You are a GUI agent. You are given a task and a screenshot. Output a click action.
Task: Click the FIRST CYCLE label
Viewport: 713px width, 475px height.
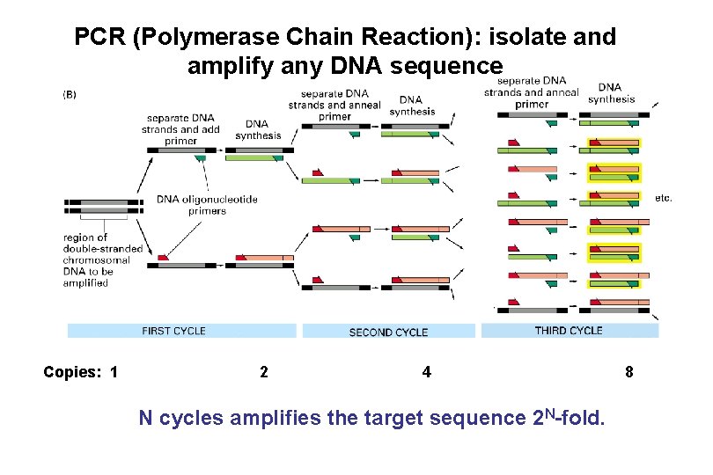(x=173, y=331)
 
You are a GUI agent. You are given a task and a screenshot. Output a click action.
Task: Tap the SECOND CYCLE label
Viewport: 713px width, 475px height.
(x=388, y=332)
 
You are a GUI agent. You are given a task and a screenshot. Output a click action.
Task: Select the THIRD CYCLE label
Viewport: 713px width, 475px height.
(x=569, y=331)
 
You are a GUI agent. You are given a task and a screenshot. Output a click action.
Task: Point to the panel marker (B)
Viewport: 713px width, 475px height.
(x=70, y=94)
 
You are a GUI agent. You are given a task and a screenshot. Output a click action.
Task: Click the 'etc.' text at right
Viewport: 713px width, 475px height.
(x=664, y=198)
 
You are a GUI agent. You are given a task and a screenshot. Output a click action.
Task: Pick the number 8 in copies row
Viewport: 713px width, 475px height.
(x=628, y=372)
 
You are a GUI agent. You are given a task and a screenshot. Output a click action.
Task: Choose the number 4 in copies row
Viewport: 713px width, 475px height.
(x=427, y=372)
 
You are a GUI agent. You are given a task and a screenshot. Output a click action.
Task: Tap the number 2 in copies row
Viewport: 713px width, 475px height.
(x=264, y=372)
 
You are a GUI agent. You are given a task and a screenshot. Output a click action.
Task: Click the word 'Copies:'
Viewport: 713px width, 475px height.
(x=72, y=372)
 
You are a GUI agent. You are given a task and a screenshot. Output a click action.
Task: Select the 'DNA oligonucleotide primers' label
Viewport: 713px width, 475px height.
(x=207, y=205)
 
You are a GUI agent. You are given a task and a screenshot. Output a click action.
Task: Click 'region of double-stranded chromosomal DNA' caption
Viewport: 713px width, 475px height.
(x=102, y=259)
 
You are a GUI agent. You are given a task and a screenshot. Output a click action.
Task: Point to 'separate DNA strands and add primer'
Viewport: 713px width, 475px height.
(x=183, y=128)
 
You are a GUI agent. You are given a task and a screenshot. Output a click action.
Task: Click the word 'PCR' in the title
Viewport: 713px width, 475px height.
(x=93, y=37)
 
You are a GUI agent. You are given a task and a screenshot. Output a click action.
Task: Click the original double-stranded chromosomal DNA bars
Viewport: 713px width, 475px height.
(x=104, y=208)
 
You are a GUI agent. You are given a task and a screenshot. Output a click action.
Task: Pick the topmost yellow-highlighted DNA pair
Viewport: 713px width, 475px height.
(x=614, y=144)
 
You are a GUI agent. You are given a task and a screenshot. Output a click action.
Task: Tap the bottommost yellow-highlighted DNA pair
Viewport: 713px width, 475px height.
(x=614, y=281)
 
